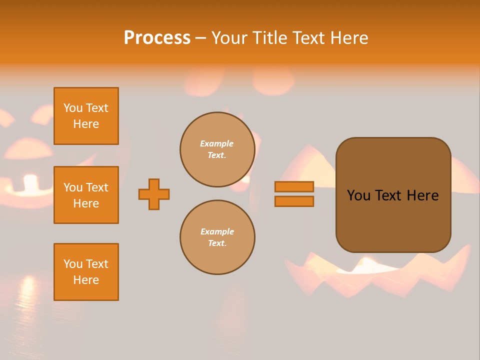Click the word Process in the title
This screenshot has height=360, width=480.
coord(157,38)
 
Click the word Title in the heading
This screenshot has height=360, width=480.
coord(268,38)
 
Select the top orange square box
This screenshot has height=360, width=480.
coord(86,116)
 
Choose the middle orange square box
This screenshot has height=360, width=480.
coord(86,195)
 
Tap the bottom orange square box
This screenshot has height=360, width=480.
coord(86,272)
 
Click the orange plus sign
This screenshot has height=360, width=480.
coord(154,194)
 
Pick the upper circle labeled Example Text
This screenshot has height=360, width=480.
coord(217,149)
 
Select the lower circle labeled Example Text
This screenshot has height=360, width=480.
coord(217,237)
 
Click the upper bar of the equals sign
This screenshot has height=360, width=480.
coord(294,186)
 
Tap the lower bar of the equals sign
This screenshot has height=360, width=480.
coord(294,201)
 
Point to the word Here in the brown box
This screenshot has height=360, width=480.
coord(422,195)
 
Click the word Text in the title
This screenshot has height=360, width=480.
coord(306,38)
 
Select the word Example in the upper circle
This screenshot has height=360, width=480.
coord(217,143)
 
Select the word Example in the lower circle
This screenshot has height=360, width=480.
coord(217,231)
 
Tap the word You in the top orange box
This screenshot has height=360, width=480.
coord(73,108)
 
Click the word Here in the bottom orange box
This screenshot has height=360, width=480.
coord(86,280)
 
